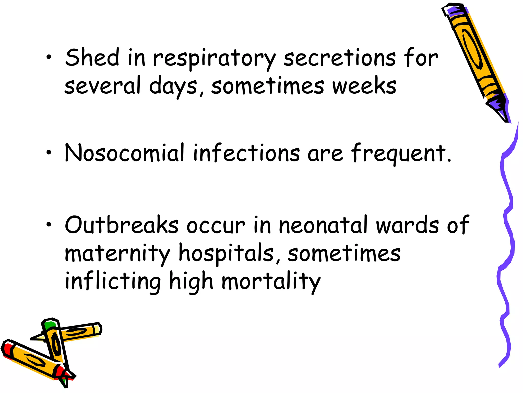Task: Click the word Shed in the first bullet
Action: pos(92,57)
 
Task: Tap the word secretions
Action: pos(339,58)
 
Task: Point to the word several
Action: pos(102,86)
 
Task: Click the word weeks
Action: pos(364,86)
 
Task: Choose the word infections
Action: pos(246,153)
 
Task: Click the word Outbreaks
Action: pos(122,225)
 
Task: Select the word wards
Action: pos(407,225)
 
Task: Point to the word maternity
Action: pos(117,253)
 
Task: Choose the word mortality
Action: pos(271,281)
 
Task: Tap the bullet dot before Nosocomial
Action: pos(49,153)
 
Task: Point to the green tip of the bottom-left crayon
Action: pos(49,325)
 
